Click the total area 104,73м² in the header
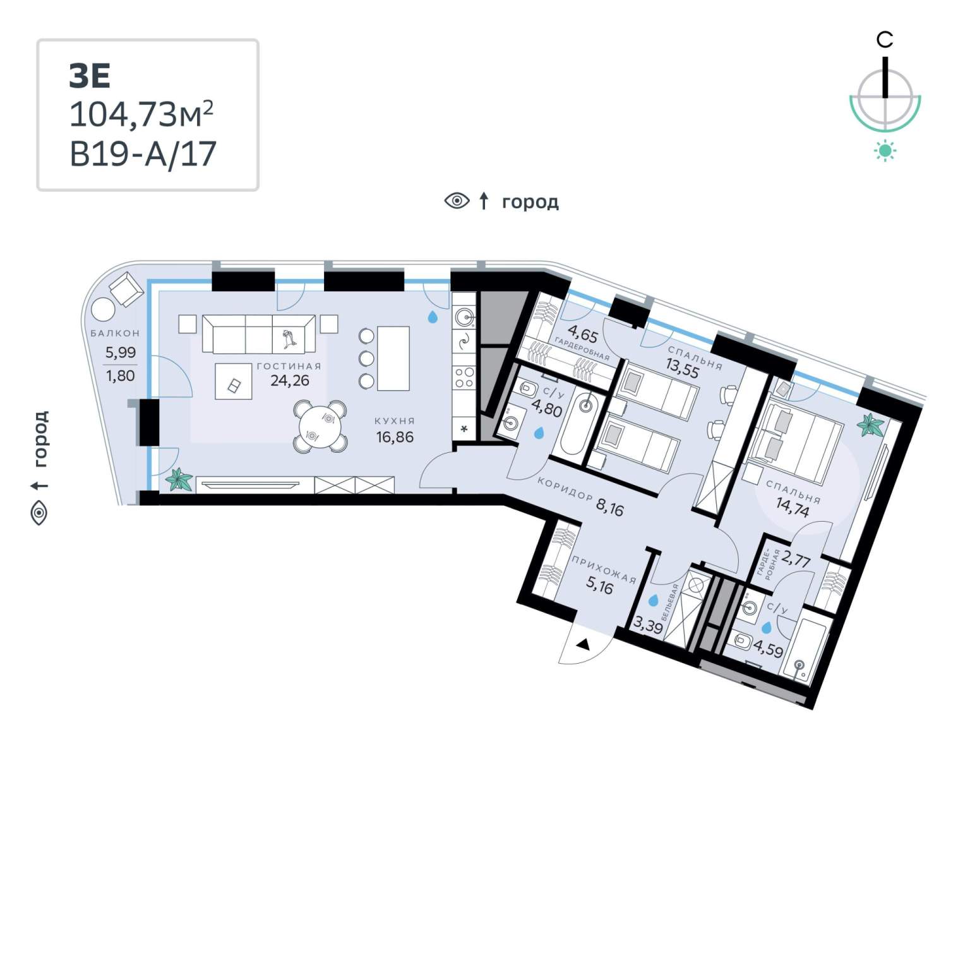point(141,114)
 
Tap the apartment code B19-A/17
point(143,154)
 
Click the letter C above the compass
point(885,40)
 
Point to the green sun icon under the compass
point(885,150)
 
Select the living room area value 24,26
point(290,380)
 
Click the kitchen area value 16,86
point(395,436)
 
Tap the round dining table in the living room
point(320,426)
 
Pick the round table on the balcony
point(103,310)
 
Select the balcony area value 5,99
point(120,352)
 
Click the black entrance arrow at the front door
point(584,645)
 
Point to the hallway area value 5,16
point(599,587)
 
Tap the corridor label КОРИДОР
point(565,489)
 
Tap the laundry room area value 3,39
point(648,626)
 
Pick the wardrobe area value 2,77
point(796,559)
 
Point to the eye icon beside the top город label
point(457,201)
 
